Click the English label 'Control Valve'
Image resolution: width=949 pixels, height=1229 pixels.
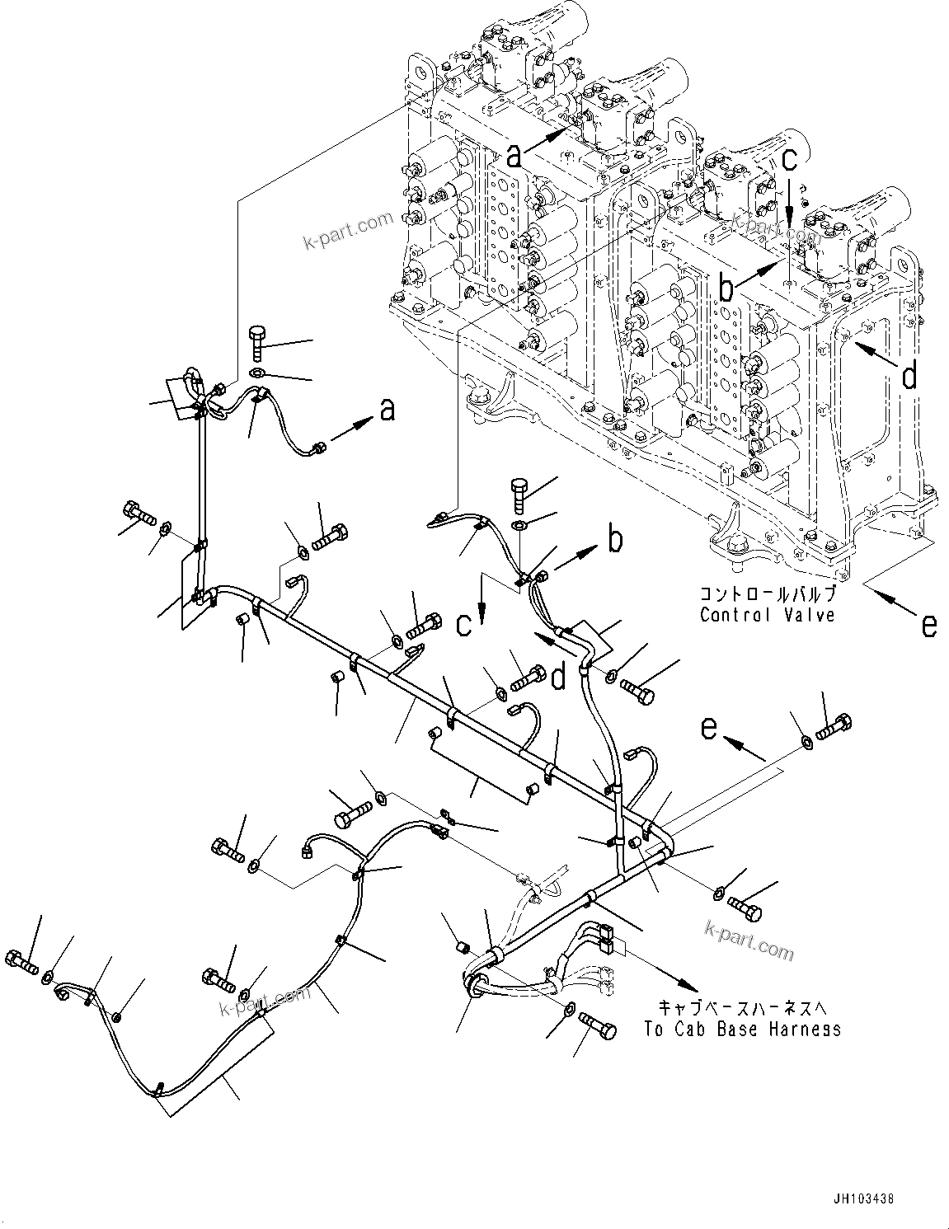[767, 614]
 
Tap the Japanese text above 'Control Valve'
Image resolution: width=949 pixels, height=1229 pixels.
[767, 593]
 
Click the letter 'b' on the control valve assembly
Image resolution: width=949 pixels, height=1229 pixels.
[726, 289]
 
